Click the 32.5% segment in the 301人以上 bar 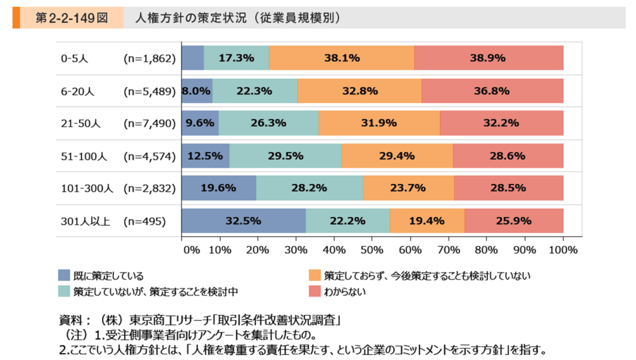243,221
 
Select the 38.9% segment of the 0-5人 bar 489,58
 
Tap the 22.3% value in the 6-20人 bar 255,91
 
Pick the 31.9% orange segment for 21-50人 379,123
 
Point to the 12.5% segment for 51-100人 205,155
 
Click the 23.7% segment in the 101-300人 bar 408,188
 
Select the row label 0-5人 75,58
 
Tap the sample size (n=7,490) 150,123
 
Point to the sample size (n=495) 144,221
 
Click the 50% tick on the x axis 372,250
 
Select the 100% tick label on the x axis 563,250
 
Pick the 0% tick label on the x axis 191,250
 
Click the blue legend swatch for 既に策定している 64,275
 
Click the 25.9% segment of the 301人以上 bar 514,221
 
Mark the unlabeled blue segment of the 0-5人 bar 192,58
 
